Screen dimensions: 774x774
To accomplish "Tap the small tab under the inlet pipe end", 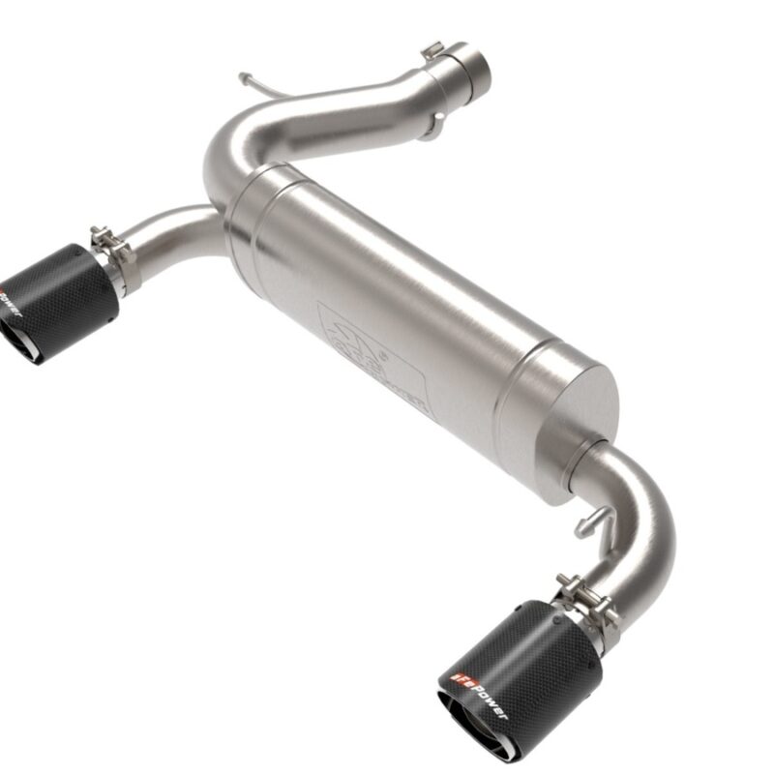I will point(431,126).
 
